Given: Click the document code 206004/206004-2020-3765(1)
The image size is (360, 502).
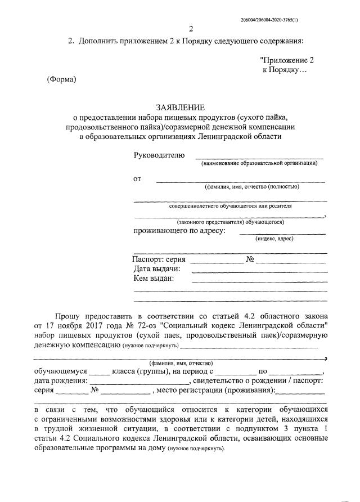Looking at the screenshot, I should (x=269, y=20).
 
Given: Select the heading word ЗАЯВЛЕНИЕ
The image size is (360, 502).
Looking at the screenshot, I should (x=180, y=107).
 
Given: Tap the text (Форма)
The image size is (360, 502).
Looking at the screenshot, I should (x=61, y=79).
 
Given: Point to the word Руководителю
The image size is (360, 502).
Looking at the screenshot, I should (x=159, y=155).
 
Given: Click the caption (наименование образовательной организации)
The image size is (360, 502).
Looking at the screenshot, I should (x=259, y=163).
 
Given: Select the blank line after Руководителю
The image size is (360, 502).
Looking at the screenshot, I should (x=259, y=158).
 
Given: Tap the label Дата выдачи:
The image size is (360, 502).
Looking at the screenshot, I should (x=156, y=269).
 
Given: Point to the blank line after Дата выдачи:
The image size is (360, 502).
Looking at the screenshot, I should (x=259, y=272).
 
